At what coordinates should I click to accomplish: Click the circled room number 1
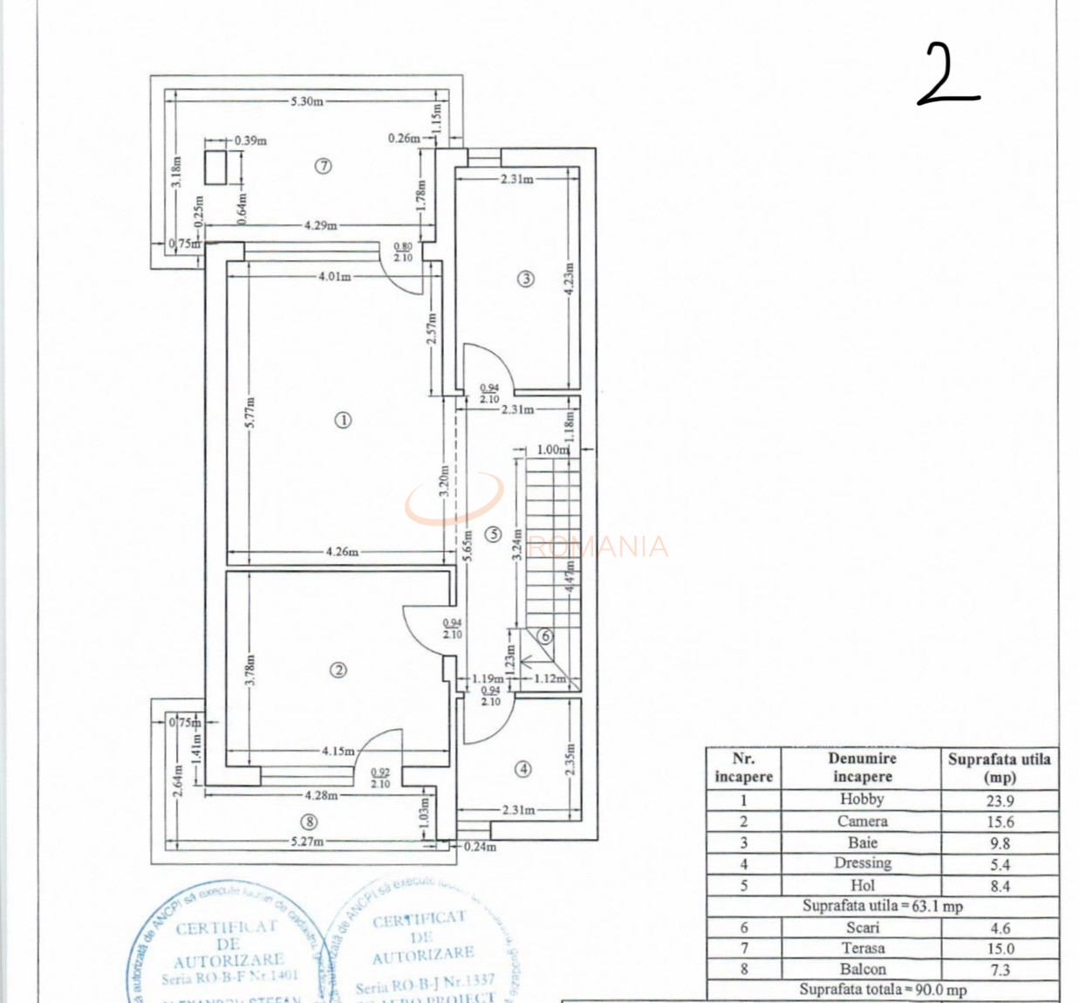(x=343, y=420)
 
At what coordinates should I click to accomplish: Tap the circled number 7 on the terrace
(x=323, y=166)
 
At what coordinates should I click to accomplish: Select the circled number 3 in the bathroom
(x=525, y=279)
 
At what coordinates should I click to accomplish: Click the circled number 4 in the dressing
(x=522, y=769)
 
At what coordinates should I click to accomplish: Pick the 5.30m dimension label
(x=307, y=101)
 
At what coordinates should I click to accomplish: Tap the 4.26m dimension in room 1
(x=341, y=552)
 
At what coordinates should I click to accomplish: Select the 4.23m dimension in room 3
(x=569, y=280)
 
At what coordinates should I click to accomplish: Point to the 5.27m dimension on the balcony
(x=307, y=842)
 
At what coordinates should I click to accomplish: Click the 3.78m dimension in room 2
(x=249, y=669)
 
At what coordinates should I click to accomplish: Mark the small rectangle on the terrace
(x=215, y=167)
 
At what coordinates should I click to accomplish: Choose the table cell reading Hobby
(x=862, y=799)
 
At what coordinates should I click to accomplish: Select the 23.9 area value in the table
(x=1000, y=800)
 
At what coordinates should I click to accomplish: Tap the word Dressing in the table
(x=862, y=863)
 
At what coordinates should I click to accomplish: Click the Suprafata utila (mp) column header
(x=1000, y=768)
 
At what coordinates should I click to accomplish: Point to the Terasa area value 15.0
(x=1000, y=948)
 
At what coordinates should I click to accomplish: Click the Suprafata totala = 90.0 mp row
(x=882, y=990)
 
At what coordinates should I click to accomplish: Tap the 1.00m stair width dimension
(x=551, y=450)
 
